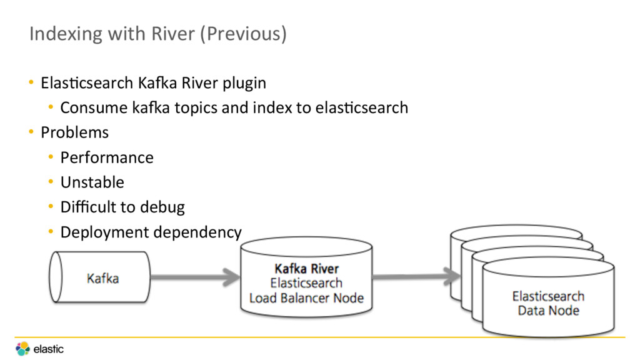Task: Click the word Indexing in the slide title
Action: (66, 34)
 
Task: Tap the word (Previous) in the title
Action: (243, 34)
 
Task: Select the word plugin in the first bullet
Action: (244, 84)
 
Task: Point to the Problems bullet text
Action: (75, 132)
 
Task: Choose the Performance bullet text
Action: (107, 157)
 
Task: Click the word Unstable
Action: (92, 182)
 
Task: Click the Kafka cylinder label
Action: (103, 278)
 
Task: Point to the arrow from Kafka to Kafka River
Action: (196, 277)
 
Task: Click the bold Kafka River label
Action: (306, 269)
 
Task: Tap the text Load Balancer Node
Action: (306, 298)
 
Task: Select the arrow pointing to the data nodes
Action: (416, 276)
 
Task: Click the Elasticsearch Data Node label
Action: (549, 303)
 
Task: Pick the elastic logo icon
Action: (23, 349)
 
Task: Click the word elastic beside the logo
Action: (49, 349)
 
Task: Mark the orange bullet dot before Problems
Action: (31, 132)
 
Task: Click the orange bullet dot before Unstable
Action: (51, 182)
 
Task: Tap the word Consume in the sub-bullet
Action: (94, 108)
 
